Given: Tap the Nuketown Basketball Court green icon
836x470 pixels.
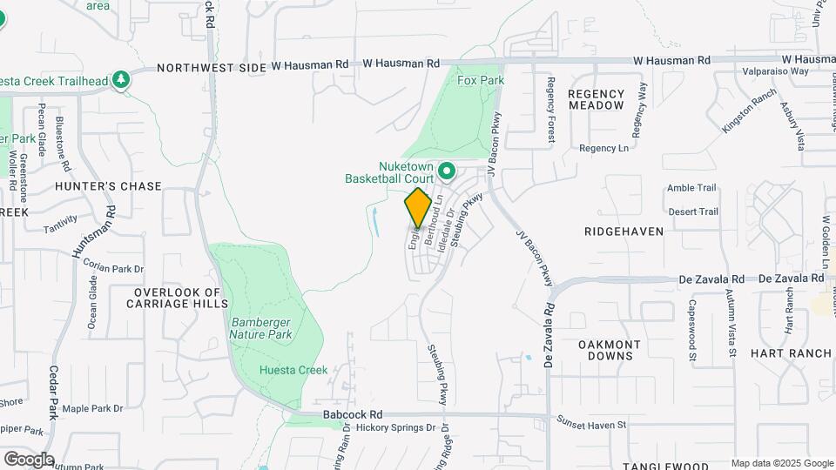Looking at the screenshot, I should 448,171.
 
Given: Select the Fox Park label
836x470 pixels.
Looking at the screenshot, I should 481,80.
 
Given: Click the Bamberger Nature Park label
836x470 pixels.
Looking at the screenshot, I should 260,328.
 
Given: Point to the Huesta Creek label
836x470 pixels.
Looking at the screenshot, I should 293,370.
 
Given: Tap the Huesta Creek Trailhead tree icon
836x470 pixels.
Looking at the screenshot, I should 122,81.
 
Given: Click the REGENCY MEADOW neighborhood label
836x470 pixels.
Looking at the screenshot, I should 597,99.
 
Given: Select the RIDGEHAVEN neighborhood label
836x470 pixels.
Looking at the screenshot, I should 624,232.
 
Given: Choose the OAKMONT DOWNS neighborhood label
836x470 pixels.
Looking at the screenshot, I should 610,350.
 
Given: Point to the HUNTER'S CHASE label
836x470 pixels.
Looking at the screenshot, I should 108,186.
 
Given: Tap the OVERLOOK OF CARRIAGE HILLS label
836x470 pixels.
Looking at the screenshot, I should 177,299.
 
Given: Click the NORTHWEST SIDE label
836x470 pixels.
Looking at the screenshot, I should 211,67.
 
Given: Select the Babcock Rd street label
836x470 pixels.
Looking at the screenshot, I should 352,414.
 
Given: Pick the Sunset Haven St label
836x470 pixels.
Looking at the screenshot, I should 591,425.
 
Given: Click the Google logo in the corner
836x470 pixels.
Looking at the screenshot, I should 29,459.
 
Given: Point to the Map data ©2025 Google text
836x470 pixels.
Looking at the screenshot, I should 782,463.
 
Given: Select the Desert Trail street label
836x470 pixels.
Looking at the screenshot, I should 692,211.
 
